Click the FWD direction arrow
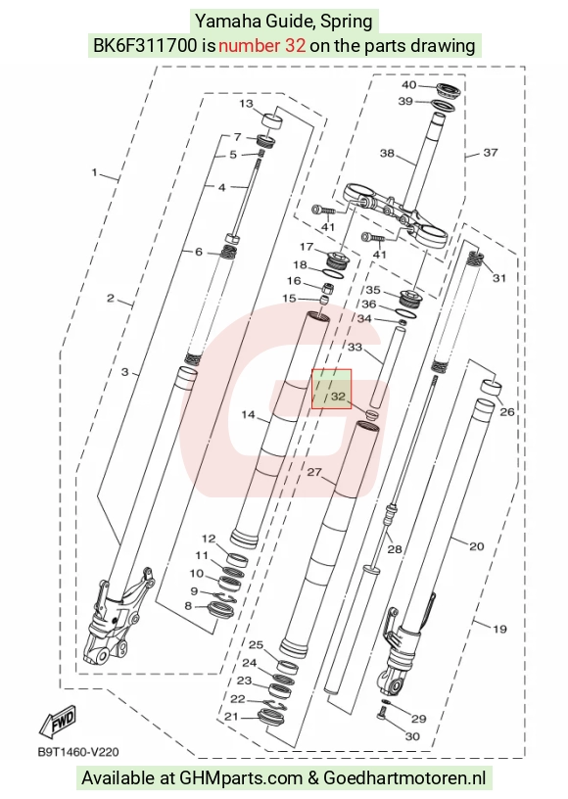click(58, 721)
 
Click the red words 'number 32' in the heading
click(261, 46)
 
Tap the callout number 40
click(409, 85)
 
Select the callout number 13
click(246, 104)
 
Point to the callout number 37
click(490, 153)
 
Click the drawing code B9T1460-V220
click(78, 752)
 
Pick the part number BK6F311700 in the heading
click(145, 46)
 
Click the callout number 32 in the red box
click(338, 396)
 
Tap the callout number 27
click(314, 472)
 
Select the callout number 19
click(499, 629)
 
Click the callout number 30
click(412, 736)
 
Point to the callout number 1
click(94, 172)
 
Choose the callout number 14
click(248, 415)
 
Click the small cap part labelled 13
click(272, 122)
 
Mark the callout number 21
click(231, 717)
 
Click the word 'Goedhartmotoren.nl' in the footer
click(405, 778)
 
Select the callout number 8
click(188, 606)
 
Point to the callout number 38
click(387, 153)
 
